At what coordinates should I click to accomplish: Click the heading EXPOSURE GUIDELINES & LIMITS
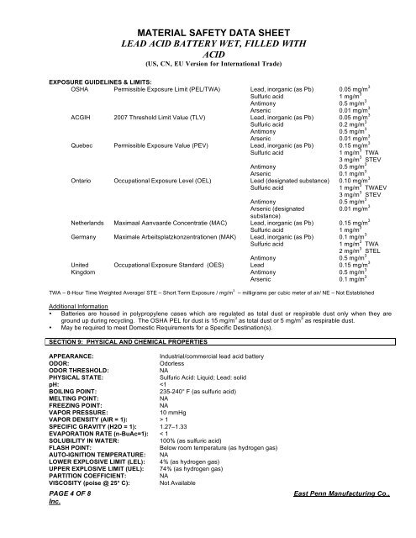tap(103, 84)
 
